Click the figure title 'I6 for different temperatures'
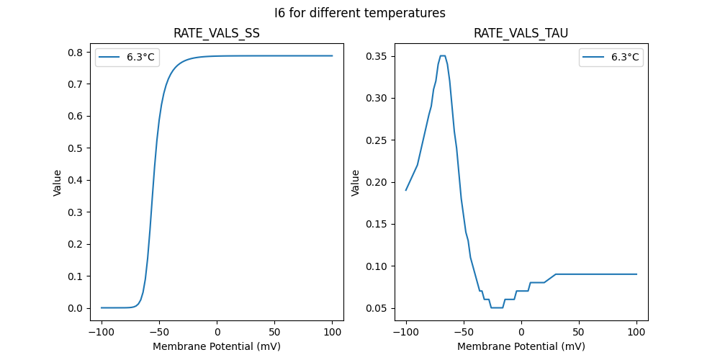click(360, 13)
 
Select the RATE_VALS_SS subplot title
click(216, 33)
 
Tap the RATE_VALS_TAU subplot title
click(521, 33)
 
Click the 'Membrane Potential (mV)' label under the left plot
click(216, 346)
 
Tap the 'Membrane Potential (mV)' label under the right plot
click(521, 346)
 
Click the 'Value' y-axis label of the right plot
click(355, 182)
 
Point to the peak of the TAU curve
click(443, 55)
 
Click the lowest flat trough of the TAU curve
click(497, 307)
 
